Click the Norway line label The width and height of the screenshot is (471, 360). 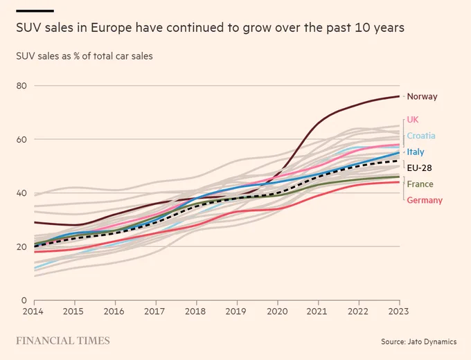(422, 97)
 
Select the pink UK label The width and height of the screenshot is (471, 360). (413, 120)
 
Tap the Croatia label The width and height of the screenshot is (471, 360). (421, 136)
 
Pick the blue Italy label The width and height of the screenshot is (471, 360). (416, 152)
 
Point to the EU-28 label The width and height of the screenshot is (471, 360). (419, 168)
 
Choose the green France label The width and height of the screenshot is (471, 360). (420, 184)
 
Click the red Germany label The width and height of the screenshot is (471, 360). (425, 200)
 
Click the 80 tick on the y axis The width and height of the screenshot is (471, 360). (21, 86)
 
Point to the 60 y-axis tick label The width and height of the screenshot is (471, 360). (21, 140)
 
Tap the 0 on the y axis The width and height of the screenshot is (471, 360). (24, 300)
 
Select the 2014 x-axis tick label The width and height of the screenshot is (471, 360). (33, 312)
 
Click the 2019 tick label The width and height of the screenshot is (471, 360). (235, 312)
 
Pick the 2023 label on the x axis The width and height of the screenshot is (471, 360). (398, 312)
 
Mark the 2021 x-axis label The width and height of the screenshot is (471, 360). (317, 312)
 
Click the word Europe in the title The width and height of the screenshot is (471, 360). (112, 28)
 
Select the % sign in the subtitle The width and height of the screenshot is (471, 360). (76, 56)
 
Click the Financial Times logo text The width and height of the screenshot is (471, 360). (63, 341)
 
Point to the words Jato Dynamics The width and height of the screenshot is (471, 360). (432, 342)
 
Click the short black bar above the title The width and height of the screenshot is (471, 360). (35, 11)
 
